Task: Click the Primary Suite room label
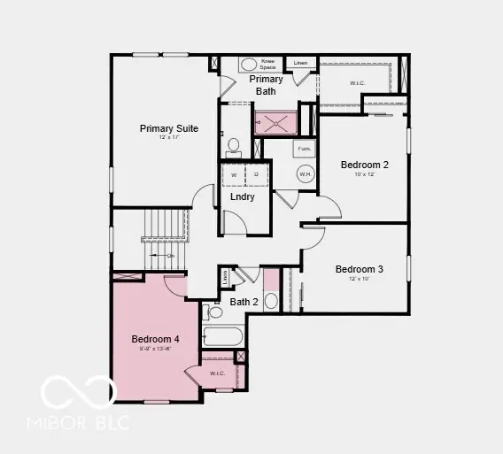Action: click(169, 129)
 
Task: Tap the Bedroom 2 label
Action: click(365, 165)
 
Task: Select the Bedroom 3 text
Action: click(359, 269)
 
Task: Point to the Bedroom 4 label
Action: click(156, 339)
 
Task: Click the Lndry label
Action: click(243, 196)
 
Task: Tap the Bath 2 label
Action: click(244, 302)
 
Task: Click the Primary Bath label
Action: click(266, 85)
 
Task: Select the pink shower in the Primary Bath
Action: click(276, 122)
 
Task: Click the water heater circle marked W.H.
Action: click(305, 174)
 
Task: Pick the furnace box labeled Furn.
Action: click(304, 150)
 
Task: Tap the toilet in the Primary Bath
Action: click(234, 145)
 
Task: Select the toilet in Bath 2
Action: click(213, 312)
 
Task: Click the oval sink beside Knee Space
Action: click(249, 65)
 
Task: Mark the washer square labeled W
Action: click(234, 174)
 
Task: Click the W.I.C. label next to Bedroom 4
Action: click(217, 373)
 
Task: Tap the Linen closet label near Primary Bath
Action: click(301, 64)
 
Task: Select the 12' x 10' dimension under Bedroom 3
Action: click(359, 280)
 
